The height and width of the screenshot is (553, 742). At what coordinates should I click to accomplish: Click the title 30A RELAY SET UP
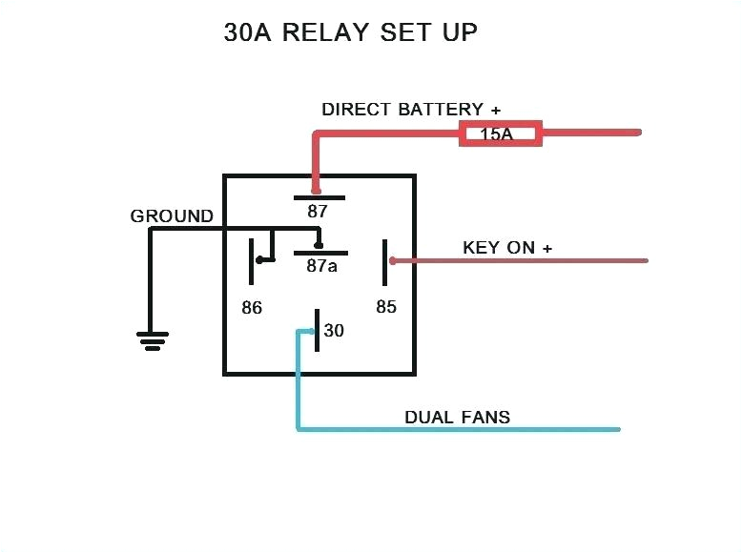click(x=350, y=32)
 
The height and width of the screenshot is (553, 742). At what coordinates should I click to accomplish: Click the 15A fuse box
click(x=501, y=133)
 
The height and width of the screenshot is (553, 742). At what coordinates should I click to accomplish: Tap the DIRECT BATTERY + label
click(x=411, y=109)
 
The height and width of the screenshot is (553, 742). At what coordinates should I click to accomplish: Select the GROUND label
click(x=172, y=216)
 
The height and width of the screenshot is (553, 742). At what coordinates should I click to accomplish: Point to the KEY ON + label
click(x=507, y=248)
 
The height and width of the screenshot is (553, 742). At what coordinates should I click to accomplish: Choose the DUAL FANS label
click(x=457, y=417)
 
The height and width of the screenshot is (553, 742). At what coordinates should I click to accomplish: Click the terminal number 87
click(x=318, y=212)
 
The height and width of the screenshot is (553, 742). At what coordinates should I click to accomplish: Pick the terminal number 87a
click(x=320, y=266)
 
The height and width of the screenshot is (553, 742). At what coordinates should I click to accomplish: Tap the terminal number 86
click(x=252, y=308)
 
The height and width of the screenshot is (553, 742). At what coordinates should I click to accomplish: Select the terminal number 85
click(x=385, y=307)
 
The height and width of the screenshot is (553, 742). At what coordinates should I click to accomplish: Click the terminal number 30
click(x=334, y=331)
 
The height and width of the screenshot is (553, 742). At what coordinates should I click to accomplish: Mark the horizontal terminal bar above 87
click(x=318, y=198)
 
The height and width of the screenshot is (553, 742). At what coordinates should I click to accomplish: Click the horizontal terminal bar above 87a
click(x=320, y=253)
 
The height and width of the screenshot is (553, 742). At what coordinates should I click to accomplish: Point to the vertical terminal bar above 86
click(x=252, y=261)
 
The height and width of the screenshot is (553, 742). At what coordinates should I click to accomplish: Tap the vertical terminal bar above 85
click(x=385, y=261)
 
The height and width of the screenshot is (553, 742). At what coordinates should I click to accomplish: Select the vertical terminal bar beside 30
click(x=317, y=330)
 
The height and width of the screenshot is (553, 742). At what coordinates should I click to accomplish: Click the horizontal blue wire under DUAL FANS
click(x=458, y=429)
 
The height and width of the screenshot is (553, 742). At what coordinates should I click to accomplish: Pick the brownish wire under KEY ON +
click(x=520, y=260)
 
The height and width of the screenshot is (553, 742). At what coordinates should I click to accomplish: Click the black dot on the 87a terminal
click(x=319, y=241)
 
